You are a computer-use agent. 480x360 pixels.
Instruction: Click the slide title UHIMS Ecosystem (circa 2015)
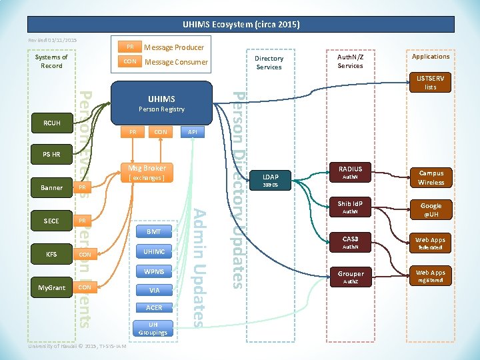point(241,25)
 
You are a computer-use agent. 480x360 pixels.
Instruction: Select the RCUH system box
point(51,123)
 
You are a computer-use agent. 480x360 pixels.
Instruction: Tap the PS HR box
point(51,155)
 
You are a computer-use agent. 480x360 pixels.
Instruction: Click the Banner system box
point(51,188)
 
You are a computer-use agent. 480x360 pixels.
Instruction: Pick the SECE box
point(51,221)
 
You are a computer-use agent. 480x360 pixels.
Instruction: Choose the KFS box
point(51,254)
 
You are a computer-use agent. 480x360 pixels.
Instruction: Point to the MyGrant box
point(51,287)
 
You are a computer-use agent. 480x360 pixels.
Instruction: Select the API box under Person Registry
point(193,132)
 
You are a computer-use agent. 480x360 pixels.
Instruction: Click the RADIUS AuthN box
point(350,173)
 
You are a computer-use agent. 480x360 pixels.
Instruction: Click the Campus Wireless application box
point(431,177)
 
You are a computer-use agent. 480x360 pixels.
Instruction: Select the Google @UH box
point(431,210)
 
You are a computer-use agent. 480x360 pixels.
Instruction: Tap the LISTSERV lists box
point(431,83)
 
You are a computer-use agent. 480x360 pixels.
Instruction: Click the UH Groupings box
point(153,328)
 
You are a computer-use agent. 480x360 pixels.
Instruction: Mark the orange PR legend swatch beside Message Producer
point(130,47)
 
